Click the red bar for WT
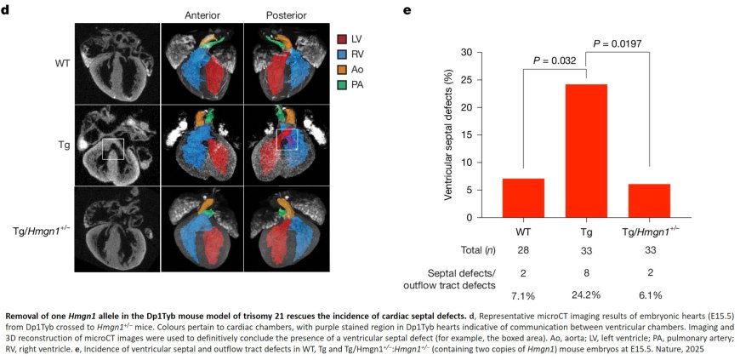click(x=523, y=198)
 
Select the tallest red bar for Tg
click(x=585, y=151)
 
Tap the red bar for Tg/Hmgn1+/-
click(x=648, y=201)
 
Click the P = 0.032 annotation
click(x=555, y=60)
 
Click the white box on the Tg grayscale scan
click(x=113, y=149)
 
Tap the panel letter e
click(x=407, y=10)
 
